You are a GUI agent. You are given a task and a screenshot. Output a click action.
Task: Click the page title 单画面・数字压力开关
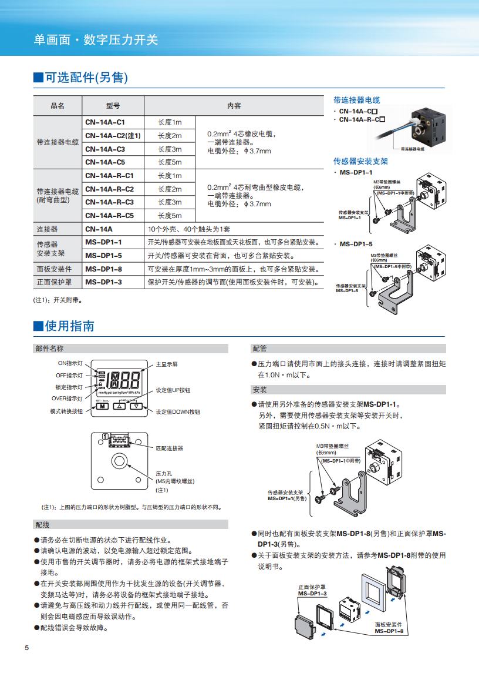click(x=96, y=40)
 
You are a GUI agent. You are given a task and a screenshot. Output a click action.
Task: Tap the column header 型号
click(x=113, y=106)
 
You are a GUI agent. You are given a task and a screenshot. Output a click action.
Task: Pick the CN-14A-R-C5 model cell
click(x=109, y=216)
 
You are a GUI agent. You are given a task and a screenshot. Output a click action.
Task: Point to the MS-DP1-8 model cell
click(x=103, y=269)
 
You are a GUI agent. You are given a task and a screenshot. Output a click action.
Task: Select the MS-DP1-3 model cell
click(x=103, y=282)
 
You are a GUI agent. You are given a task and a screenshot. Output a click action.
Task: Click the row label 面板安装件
click(x=54, y=269)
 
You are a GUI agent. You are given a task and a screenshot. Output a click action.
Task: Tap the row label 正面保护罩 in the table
click(x=54, y=282)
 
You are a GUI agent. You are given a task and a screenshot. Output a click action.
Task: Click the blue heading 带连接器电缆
click(x=356, y=100)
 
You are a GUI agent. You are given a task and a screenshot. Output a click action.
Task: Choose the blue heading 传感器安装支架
click(x=360, y=161)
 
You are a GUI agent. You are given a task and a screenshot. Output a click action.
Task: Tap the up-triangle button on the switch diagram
click(x=119, y=406)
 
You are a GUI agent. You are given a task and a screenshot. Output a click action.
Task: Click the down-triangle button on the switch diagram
click(x=136, y=406)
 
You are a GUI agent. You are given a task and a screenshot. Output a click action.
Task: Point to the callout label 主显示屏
click(x=167, y=364)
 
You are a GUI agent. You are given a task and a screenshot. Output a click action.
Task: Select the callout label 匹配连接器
click(x=169, y=448)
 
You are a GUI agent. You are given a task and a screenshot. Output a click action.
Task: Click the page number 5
click(x=26, y=648)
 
